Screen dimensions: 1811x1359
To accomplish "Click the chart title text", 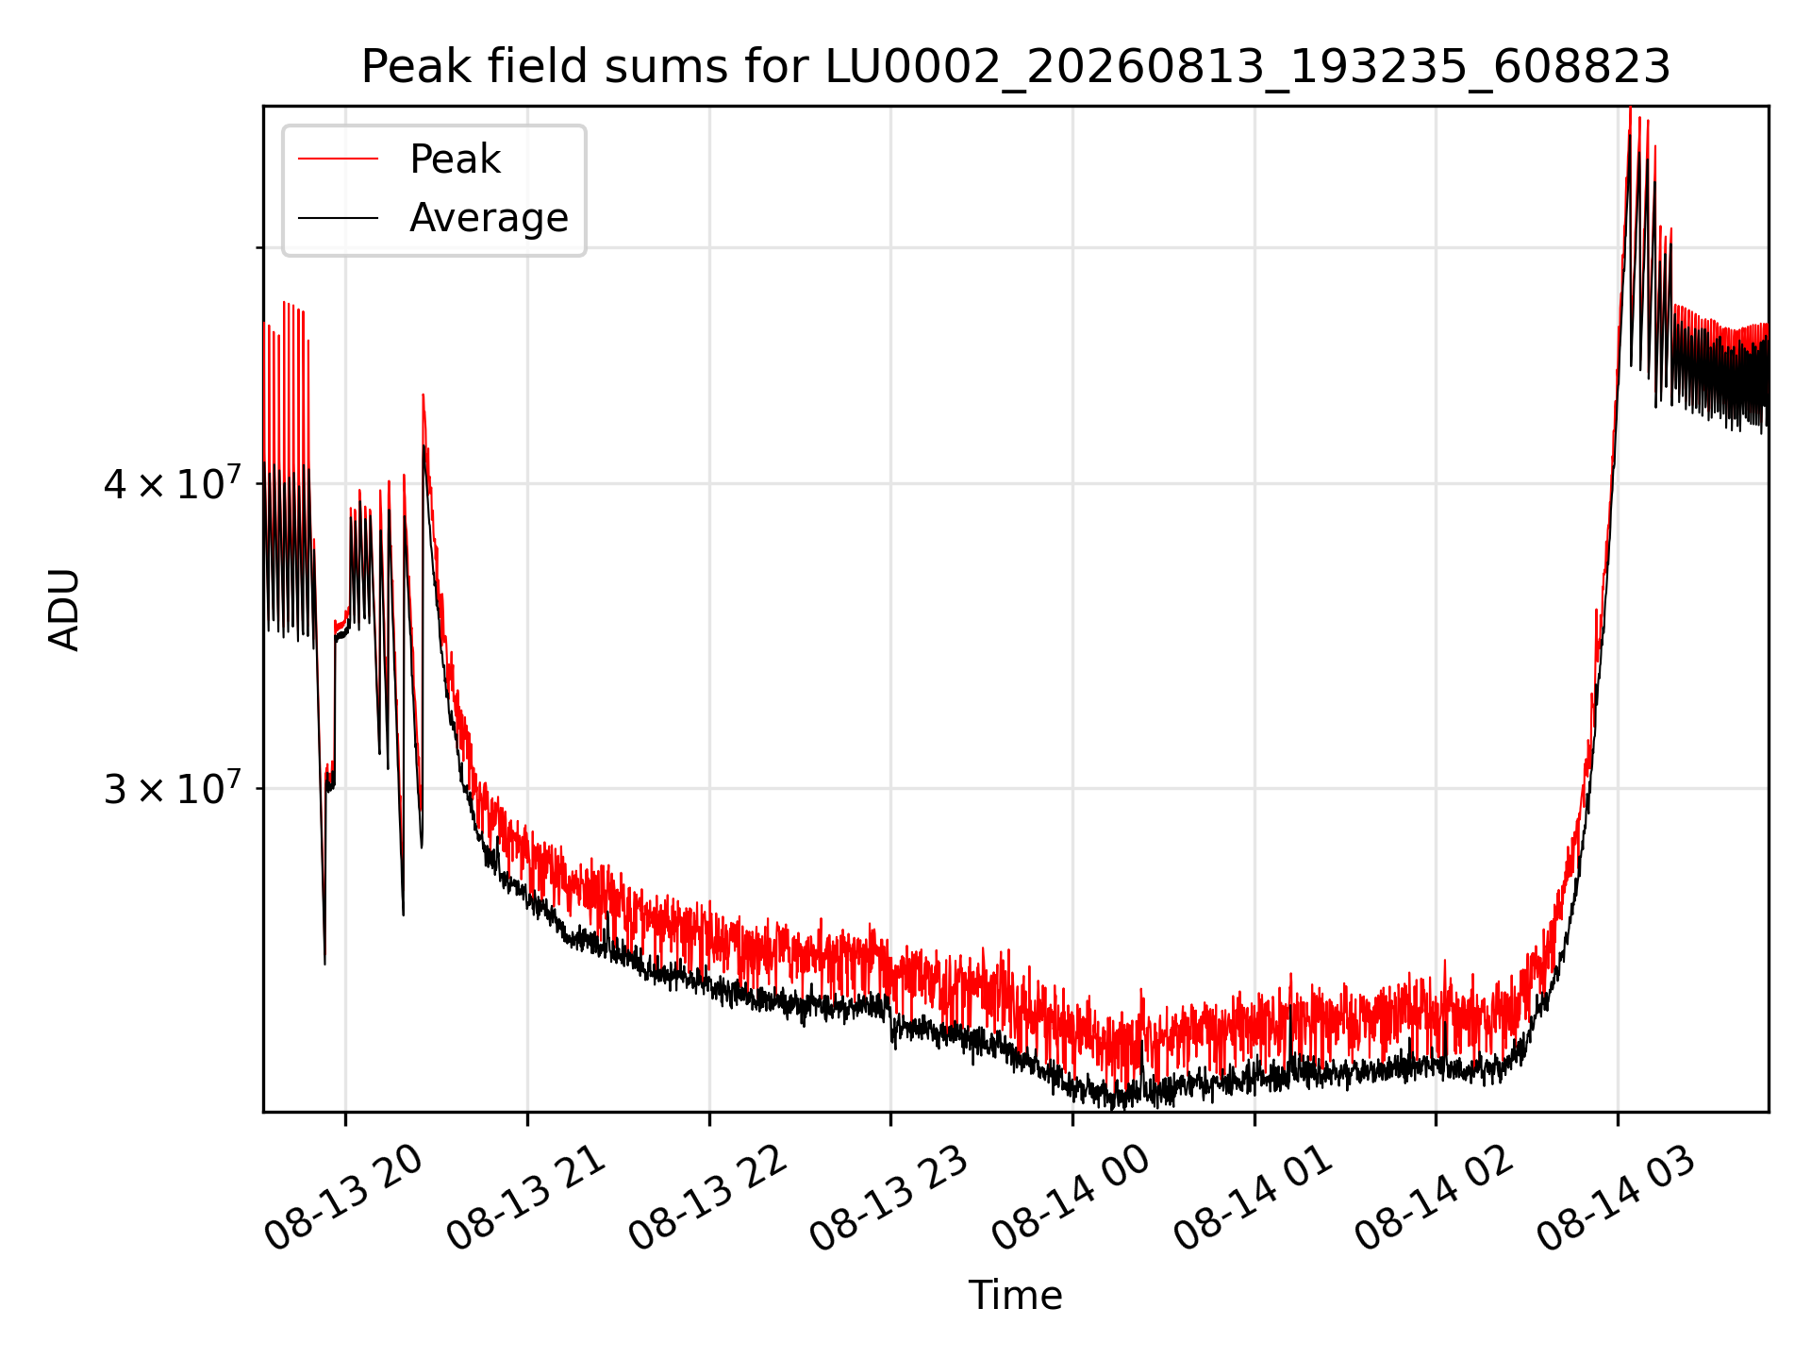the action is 1016,67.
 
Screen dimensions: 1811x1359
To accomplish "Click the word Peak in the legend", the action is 455,159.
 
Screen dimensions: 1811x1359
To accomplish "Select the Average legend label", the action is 489,218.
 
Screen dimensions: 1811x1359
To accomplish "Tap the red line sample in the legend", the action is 338,159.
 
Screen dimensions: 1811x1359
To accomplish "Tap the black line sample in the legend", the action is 338,218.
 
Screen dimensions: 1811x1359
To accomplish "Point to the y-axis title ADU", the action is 64,610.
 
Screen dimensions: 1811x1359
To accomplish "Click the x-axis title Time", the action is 1016,1296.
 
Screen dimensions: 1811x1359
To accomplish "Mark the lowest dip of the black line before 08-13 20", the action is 324,964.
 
